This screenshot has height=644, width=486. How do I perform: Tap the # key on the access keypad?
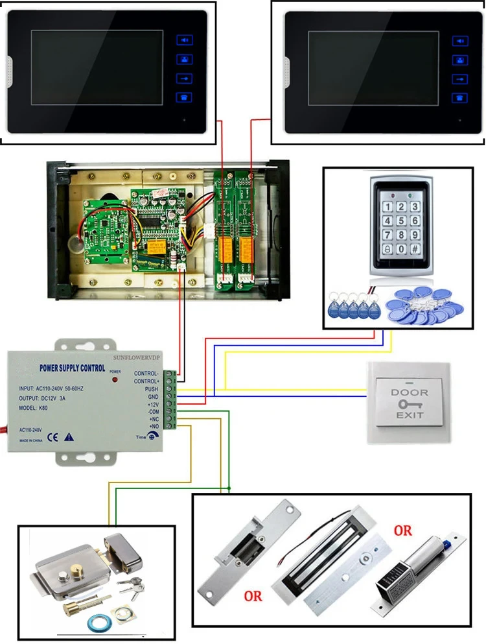415,248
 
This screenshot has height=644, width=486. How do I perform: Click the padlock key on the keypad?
388,248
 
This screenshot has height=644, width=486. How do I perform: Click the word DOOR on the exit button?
410,392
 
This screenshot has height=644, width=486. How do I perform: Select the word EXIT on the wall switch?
410,414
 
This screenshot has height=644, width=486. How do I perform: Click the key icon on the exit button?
409,403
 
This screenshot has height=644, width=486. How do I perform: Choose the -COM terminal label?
153,412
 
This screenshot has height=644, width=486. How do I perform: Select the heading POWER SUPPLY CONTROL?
73,368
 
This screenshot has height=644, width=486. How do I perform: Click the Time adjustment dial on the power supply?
151,437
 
